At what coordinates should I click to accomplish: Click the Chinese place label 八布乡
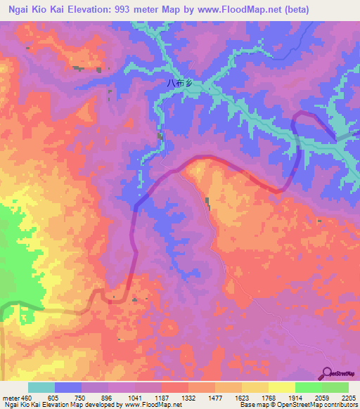pyautogui.click(x=179, y=82)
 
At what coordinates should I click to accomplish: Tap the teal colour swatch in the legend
pyautogui.click(x=41, y=387)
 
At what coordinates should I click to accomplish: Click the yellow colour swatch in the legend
pyautogui.click(x=281, y=387)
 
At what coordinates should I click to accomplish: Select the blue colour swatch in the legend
pyautogui.click(x=67, y=387)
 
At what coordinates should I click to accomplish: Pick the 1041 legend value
pyautogui.click(x=145, y=398)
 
